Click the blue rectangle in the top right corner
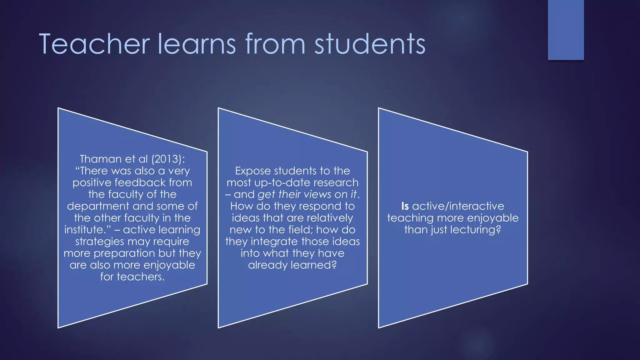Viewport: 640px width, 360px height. [x=566, y=30]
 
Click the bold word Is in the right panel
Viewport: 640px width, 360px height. [x=405, y=206]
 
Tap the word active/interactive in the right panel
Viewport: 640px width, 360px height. [x=458, y=206]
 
